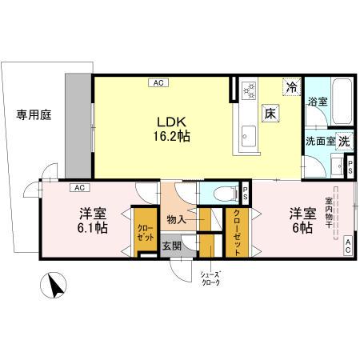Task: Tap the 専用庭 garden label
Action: [x=34, y=114]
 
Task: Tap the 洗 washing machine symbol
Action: [x=343, y=140]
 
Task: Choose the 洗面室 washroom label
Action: [x=319, y=141]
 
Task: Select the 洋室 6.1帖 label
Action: [x=93, y=220]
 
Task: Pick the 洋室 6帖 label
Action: [x=302, y=220]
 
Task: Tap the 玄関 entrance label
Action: [x=171, y=246]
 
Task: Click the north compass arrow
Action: [x=54, y=286]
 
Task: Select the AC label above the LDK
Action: [x=158, y=82]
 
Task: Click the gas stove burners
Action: [x=248, y=90]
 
